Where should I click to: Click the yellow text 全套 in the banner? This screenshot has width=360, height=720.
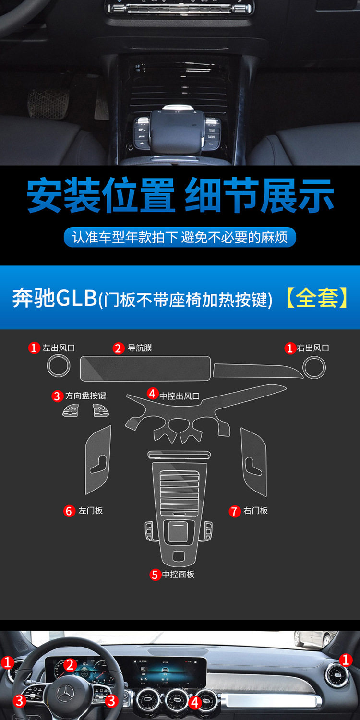point(317,298)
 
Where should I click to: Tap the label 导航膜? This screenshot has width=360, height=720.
point(140,348)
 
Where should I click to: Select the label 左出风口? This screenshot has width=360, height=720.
point(59,348)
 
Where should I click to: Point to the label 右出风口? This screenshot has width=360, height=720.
point(313,348)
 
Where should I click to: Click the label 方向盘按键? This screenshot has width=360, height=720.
point(86,396)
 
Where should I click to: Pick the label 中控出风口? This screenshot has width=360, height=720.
point(180,396)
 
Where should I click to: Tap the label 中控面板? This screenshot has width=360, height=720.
point(179,574)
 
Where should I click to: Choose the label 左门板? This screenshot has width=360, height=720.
point(91,510)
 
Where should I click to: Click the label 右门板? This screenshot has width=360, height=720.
point(255,510)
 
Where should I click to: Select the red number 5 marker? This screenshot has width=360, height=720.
point(155,575)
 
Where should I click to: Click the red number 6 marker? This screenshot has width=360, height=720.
point(69,511)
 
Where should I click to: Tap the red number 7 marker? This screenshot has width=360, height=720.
point(235,511)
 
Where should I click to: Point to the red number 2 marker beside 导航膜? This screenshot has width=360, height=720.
point(118,348)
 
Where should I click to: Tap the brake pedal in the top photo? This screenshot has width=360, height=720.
point(48,103)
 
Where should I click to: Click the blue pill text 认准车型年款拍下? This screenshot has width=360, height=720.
point(125,237)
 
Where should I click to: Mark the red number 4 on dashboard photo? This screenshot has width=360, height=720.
point(195,703)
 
